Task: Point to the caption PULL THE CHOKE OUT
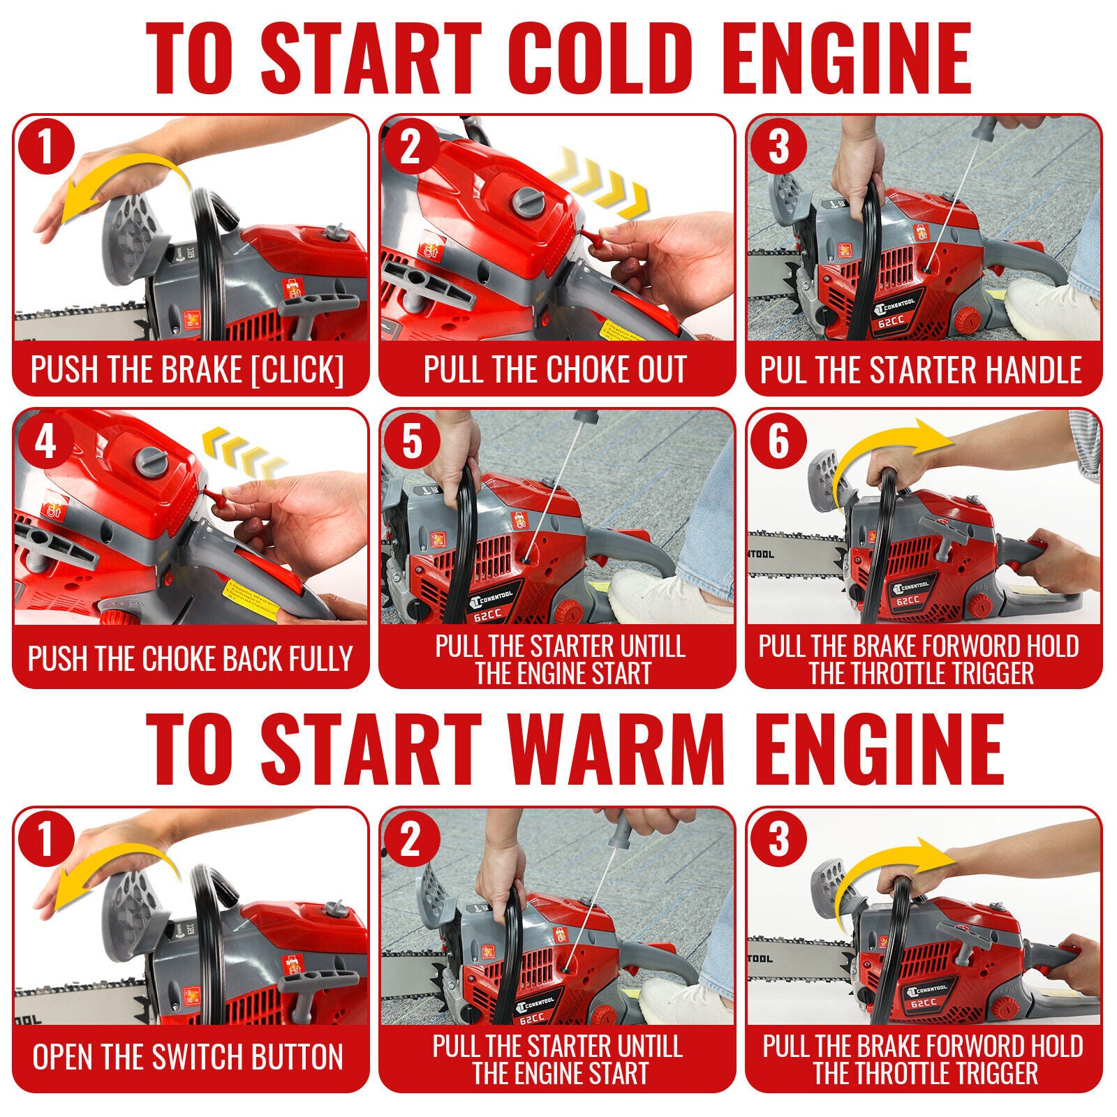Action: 556,369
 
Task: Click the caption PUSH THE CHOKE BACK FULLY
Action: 190,658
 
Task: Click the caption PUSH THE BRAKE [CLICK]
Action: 188,369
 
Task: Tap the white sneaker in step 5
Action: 660,593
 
